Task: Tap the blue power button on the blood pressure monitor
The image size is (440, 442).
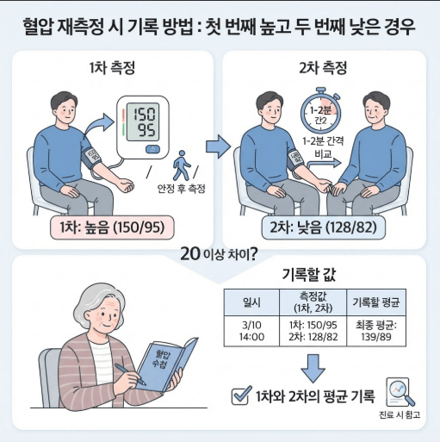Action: tap(152, 149)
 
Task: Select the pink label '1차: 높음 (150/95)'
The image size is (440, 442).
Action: tap(112, 227)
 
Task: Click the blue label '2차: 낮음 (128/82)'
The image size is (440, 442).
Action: tap(324, 227)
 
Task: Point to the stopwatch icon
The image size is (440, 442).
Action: tap(321, 110)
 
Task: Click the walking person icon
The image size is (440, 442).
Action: tap(181, 165)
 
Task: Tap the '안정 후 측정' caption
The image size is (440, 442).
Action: tap(181, 189)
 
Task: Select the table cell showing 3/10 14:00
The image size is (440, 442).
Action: tap(251, 331)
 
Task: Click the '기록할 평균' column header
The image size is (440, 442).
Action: tap(376, 302)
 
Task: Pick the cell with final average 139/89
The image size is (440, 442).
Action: tap(376, 331)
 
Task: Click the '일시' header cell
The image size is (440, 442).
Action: tap(251, 302)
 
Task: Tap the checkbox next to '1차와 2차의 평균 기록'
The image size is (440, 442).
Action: tap(241, 395)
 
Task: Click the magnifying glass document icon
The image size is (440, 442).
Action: tap(400, 392)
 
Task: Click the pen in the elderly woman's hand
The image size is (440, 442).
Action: tap(130, 374)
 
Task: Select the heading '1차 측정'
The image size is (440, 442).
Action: tap(112, 68)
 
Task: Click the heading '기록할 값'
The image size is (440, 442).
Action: tap(309, 275)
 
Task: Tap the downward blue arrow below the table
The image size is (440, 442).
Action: tap(313, 368)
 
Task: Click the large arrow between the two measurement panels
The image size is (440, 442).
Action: tap(218, 146)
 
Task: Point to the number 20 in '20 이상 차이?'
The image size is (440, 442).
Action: tap(190, 254)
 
